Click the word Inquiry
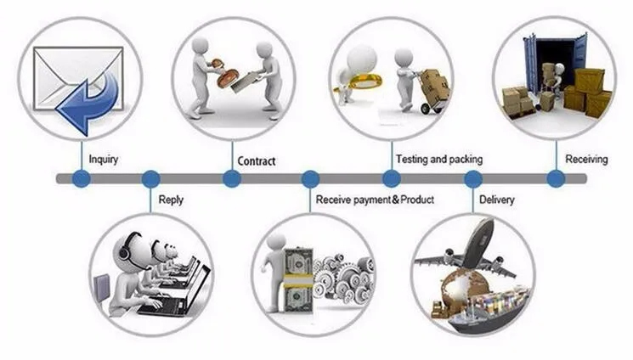pos(103,159)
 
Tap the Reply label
pos(171,200)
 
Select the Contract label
pos(256,160)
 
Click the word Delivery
pos(497,200)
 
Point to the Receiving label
pos(586,159)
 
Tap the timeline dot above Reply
pos(151,179)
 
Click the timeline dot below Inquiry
pos(81,179)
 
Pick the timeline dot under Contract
pos(231,179)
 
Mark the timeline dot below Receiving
pos(556,179)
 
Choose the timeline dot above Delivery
pos(473,179)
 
